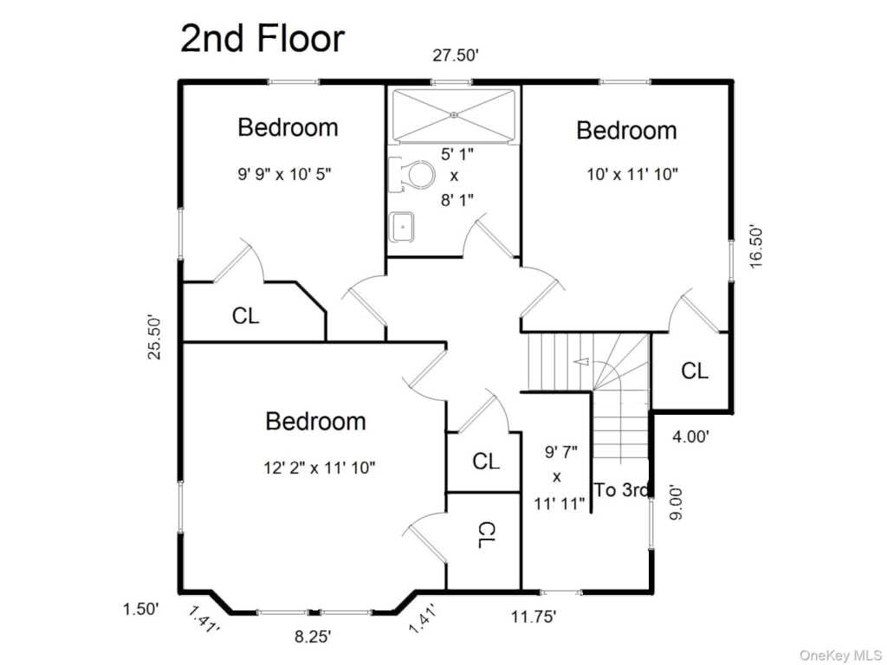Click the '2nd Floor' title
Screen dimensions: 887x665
pyautogui.click(x=262, y=38)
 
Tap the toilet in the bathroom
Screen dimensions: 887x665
pyautogui.click(x=411, y=173)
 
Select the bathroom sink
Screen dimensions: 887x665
pyautogui.click(x=402, y=227)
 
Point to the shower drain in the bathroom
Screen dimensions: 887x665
pyautogui.click(x=454, y=115)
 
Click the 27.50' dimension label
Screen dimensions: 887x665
pyautogui.click(x=456, y=55)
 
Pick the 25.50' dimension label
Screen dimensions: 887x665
pyautogui.click(x=154, y=337)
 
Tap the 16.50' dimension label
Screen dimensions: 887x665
pyautogui.click(x=756, y=247)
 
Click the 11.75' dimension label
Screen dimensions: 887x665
pyautogui.click(x=534, y=617)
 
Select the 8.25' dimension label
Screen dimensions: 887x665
pyautogui.click(x=312, y=636)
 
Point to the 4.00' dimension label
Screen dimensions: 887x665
pyautogui.click(x=690, y=436)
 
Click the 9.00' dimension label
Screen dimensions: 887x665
pyautogui.click(x=677, y=501)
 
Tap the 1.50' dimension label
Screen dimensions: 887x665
pyautogui.click(x=141, y=610)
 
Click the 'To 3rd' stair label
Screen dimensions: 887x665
pyautogui.click(x=621, y=490)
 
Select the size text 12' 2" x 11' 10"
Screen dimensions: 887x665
pyautogui.click(x=320, y=468)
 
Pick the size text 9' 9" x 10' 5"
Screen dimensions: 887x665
pyautogui.click(x=284, y=174)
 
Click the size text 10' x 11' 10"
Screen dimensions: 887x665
pyautogui.click(x=631, y=174)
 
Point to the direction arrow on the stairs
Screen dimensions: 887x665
pyautogui.click(x=581, y=361)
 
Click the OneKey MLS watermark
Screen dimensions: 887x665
pyautogui.click(x=840, y=655)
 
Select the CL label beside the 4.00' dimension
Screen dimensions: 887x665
pyautogui.click(x=695, y=371)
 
